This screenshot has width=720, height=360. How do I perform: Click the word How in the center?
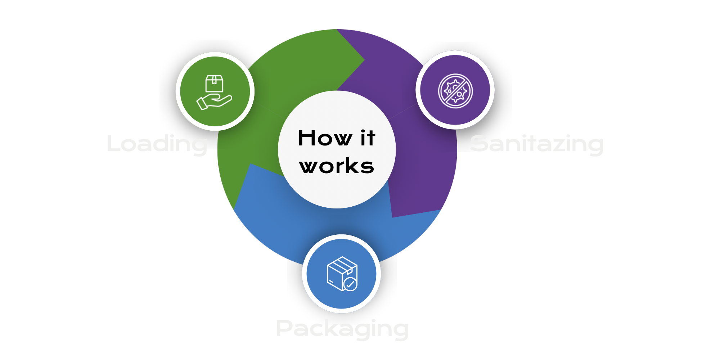click(x=325, y=138)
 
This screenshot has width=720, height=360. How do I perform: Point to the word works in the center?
click(x=337, y=166)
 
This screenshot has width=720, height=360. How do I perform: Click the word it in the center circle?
click(x=368, y=138)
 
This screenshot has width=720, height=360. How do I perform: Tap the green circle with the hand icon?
click(x=215, y=91)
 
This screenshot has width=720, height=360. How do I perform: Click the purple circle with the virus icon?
click(x=455, y=90)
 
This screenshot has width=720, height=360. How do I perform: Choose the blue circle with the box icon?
click(x=341, y=274)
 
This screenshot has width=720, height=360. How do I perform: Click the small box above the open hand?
click(x=214, y=84)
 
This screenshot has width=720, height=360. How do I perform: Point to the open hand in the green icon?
click(x=214, y=102)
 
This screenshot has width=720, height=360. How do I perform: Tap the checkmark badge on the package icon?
click(x=350, y=284)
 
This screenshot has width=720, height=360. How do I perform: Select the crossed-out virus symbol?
click(x=455, y=90)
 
